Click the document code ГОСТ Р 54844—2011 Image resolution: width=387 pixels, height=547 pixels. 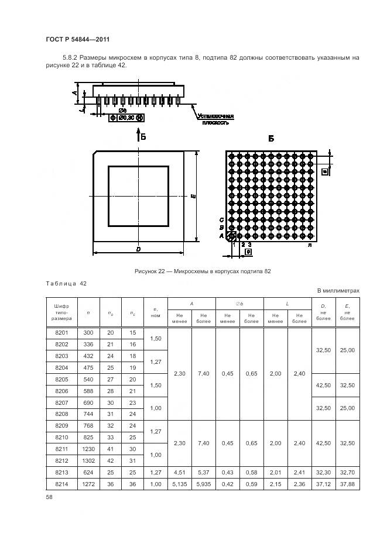[78, 39]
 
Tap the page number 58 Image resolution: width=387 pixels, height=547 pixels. [49, 497]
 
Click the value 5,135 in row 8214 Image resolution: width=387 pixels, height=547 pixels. [179, 484]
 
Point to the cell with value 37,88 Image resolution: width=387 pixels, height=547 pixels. [348, 484]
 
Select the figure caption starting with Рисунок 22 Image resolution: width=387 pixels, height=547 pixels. [202, 271]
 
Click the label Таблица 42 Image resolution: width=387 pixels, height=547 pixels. [66, 283]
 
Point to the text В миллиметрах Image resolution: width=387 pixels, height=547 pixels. [338, 290]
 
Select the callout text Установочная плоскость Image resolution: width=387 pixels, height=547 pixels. [215, 119]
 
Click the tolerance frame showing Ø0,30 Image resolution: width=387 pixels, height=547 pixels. [127, 118]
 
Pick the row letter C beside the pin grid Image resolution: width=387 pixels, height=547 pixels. [221, 220]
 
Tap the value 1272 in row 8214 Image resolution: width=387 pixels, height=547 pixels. [88, 484]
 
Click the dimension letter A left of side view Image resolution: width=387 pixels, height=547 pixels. [76, 92]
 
